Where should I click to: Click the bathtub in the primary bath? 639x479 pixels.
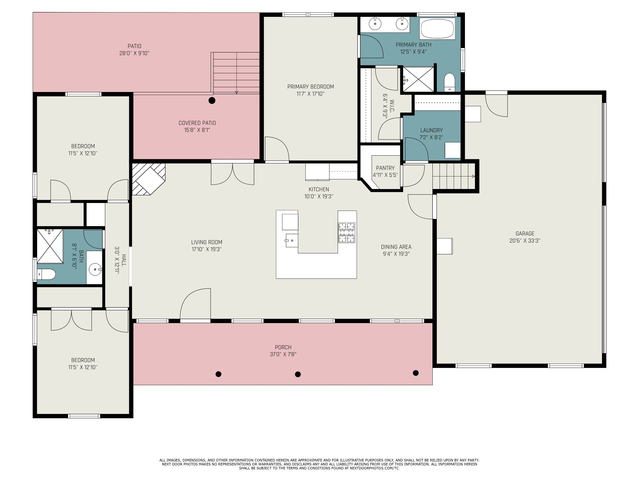(437, 29)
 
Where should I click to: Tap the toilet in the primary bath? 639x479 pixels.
(450, 82)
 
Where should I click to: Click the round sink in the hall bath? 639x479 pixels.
(95, 269)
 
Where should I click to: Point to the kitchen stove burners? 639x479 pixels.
(347, 233)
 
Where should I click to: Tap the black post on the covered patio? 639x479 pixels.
(212, 100)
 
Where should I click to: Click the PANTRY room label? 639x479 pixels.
(385, 168)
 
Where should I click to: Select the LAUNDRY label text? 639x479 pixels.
(432, 130)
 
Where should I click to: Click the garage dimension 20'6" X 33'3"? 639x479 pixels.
(525, 241)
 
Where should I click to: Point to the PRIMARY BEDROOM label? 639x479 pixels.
(310, 87)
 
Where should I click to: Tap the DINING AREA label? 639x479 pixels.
(396, 247)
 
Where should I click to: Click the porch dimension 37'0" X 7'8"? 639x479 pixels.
(283, 354)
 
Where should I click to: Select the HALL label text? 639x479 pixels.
(124, 260)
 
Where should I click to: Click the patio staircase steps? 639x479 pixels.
(236, 73)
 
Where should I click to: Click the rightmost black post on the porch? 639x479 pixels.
(416, 373)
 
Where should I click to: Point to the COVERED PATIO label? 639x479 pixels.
(197, 123)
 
